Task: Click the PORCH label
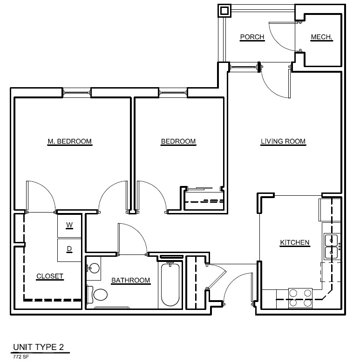[252, 37]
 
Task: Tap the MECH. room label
[321, 37]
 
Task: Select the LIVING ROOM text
[283, 141]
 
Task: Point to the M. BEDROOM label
[69, 141]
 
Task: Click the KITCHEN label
[295, 243]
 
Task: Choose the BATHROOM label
[131, 281]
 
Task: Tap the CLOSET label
[50, 276]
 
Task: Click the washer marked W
[69, 226]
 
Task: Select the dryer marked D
[69, 250]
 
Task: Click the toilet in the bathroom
[97, 295]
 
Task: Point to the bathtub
[170, 285]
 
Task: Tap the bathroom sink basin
[94, 268]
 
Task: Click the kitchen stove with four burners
[300, 298]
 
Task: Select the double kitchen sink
[331, 246]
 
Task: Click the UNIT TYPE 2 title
[39, 347]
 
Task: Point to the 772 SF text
[21, 357]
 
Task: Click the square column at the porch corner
[224, 11]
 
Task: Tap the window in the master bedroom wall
[77, 93]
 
